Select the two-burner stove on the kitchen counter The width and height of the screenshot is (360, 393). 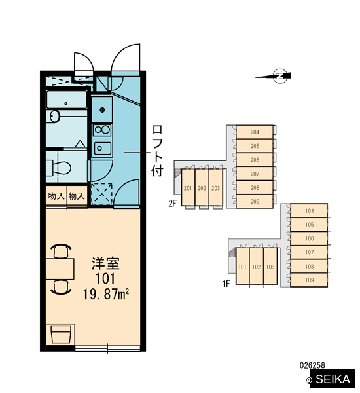point(102,130)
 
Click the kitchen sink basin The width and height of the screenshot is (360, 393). point(102,149)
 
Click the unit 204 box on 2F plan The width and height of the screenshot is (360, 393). point(255,132)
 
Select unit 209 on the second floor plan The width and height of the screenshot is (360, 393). point(255,201)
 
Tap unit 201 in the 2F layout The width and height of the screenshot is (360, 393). point(188,188)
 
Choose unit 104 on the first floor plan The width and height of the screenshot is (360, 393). point(309,211)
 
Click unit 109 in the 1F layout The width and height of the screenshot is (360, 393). point(309,280)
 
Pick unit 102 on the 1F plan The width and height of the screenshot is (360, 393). point(257,267)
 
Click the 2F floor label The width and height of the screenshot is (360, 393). point(172,204)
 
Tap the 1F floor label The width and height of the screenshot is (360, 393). point(226,284)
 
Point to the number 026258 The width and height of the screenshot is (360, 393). point(312,365)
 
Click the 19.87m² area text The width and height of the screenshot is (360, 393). point(106,294)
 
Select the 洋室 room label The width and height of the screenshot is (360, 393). point(105,263)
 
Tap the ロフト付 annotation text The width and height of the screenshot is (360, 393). point(157,151)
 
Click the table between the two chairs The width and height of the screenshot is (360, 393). point(60,269)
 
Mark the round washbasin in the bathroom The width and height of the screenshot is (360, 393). point(54,117)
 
